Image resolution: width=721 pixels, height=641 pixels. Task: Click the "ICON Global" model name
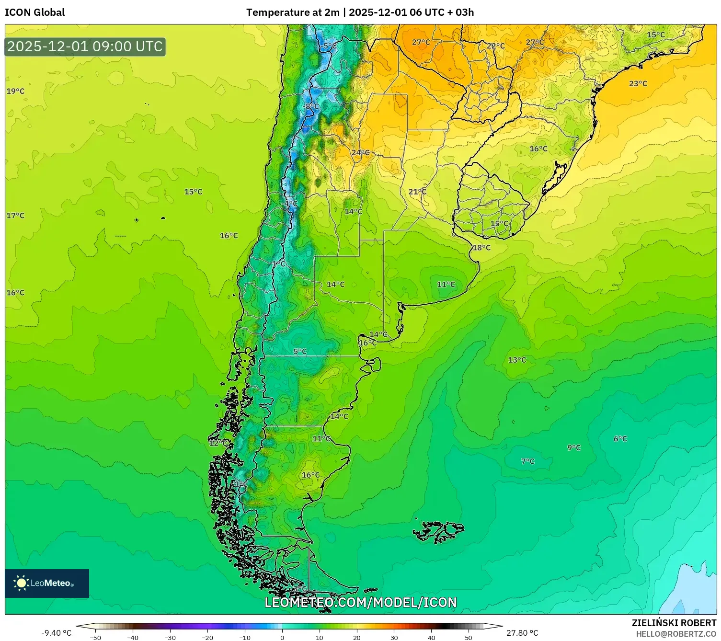[x=35, y=12]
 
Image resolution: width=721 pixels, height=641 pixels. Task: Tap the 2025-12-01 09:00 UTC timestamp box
[x=85, y=47]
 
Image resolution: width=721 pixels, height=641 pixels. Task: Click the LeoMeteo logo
[x=47, y=583]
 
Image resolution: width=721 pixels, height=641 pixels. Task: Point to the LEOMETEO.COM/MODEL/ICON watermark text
[x=361, y=602]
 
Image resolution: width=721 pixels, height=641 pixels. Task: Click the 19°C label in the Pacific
[x=15, y=91]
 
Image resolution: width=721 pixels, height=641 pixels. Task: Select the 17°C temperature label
[x=15, y=216]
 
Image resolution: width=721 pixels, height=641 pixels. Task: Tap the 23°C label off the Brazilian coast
[x=638, y=84]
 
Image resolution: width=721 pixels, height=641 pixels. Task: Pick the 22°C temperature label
[x=496, y=46]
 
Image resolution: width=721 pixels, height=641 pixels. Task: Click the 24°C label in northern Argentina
[x=360, y=153]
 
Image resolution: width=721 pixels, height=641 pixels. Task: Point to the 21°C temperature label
[x=417, y=192]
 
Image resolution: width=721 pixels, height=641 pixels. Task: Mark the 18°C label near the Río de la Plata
[x=481, y=248]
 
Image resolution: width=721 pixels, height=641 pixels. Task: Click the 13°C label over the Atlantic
[x=517, y=360]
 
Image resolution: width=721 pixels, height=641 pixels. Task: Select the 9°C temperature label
[x=574, y=447]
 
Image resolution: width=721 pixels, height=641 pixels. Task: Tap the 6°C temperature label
[x=620, y=439]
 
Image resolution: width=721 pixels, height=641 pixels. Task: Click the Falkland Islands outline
[x=438, y=531]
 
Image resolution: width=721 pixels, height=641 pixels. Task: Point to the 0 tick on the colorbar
[x=282, y=637]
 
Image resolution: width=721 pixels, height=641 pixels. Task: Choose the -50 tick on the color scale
[x=95, y=637]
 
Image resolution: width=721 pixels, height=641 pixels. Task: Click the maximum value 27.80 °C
[x=522, y=633]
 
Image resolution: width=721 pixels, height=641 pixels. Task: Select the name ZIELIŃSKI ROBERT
[x=674, y=623]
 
